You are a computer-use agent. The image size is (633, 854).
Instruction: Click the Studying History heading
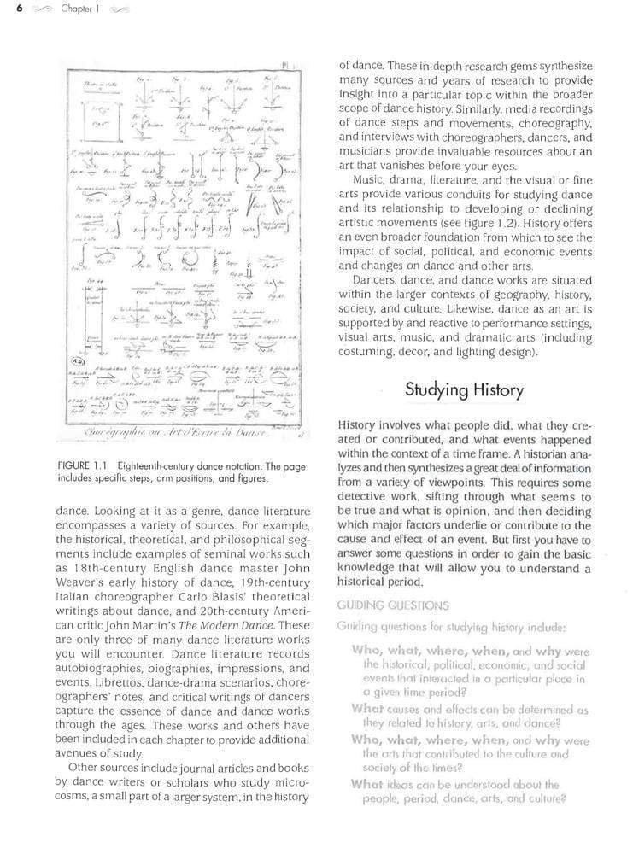point(464,390)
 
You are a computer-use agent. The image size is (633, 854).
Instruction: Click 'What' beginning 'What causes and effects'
point(366,708)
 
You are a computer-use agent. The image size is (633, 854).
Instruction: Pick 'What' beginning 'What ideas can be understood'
point(366,784)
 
